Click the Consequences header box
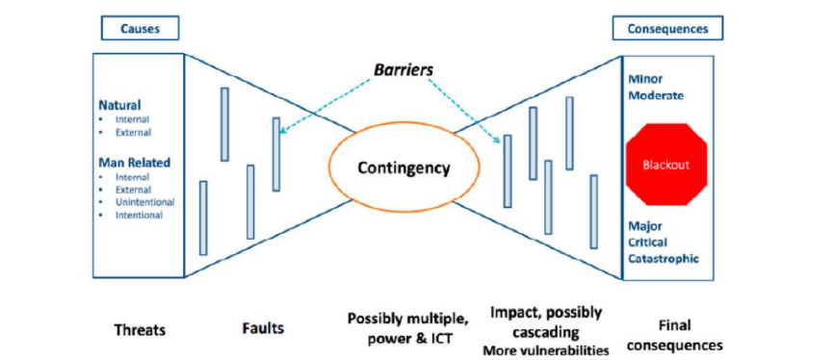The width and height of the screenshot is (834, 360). (x=666, y=28)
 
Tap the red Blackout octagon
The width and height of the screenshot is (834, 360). (x=665, y=165)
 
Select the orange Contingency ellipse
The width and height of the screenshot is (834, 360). (x=404, y=167)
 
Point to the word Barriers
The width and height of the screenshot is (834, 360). (x=404, y=70)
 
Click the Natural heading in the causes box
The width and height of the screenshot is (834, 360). (x=121, y=104)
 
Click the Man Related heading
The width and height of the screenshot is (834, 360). (x=134, y=163)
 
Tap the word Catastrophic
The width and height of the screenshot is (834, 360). (x=663, y=259)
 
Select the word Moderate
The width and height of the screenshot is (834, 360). (x=655, y=96)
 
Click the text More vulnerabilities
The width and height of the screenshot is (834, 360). (x=546, y=349)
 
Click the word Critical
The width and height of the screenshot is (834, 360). (x=648, y=243)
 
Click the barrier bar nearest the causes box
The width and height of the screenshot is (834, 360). (x=203, y=218)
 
